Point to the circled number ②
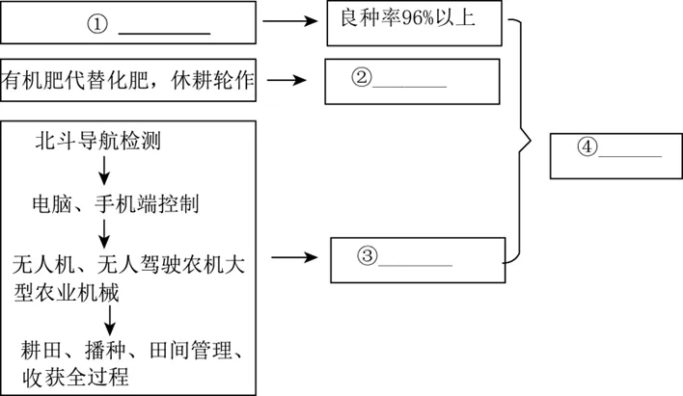pyautogui.click(x=362, y=78)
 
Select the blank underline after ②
pyautogui.click(x=409, y=86)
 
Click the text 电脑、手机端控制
pyautogui.click(x=115, y=204)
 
